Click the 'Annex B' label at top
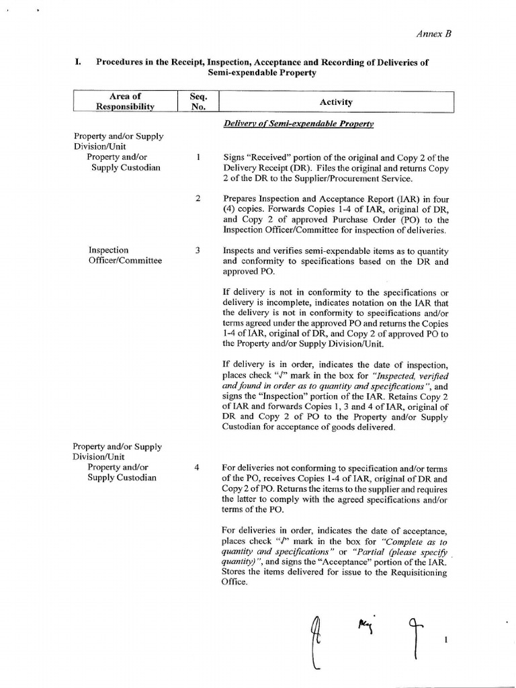pyautogui.click(x=435, y=34)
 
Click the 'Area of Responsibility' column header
pyautogui.click(x=125, y=101)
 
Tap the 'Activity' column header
pyautogui.click(x=336, y=102)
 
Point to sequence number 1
pyautogui.click(x=198, y=158)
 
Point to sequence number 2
pyautogui.click(x=198, y=199)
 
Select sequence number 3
pyautogui.click(x=198, y=251)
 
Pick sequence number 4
pyautogui.click(x=198, y=468)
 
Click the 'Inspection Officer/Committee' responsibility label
pyautogui.click(x=125, y=255)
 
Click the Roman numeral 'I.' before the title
pyautogui.click(x=78, y=62)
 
